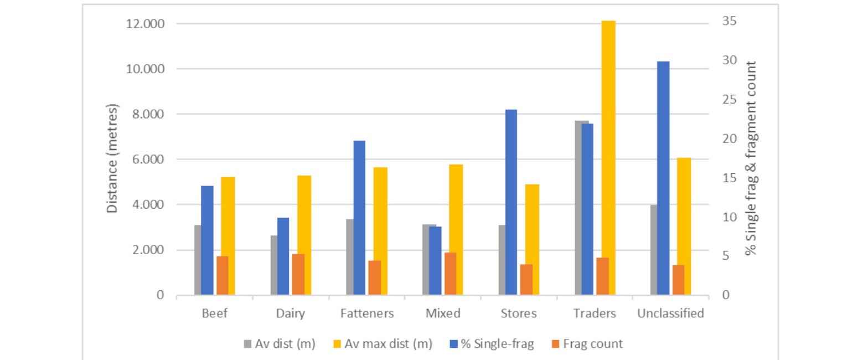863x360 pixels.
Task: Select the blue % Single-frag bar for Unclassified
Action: tap(663, 178)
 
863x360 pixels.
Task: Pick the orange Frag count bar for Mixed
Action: tap(450, 274)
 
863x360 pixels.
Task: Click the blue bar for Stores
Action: tap(511, 202)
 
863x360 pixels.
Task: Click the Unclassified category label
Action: tap(670, 313)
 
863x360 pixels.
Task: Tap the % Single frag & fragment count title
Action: tap(751, 158)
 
